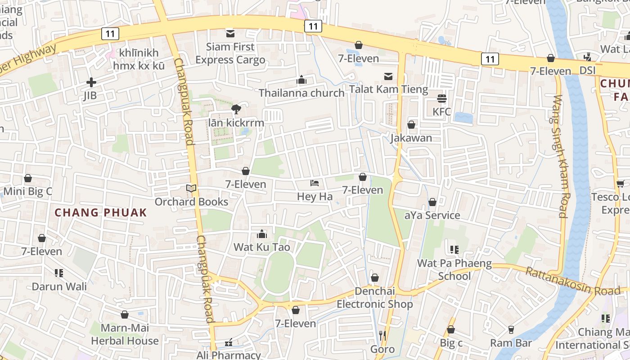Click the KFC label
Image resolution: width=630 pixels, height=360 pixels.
(441, 111)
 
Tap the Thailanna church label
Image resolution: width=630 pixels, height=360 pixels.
(301, 93)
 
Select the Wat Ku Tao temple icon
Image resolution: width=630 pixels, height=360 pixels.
(261, 234)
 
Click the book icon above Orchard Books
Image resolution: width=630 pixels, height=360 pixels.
(192, 189)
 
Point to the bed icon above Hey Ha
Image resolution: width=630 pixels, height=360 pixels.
(315, 183)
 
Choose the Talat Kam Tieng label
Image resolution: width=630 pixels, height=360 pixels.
(389, 89)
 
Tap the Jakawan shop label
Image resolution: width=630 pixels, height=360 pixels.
(411, 138)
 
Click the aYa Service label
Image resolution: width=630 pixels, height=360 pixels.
(432, 215)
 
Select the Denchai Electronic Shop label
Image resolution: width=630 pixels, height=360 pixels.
(374, 298)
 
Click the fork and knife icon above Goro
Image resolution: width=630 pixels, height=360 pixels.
(382, 335)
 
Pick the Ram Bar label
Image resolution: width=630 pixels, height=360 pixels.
(511, 343)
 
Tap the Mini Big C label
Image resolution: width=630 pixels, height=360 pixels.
(28, 191)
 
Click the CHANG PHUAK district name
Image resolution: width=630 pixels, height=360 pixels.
(101, 212)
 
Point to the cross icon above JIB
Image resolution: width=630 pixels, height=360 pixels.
(91, 82)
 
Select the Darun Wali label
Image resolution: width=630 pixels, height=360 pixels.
(59, 286)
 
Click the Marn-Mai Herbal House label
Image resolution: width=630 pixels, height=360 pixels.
(125, 334)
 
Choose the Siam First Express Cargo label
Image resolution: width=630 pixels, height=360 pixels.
(230, 53)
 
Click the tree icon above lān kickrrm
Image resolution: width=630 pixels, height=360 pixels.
(236, 109)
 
